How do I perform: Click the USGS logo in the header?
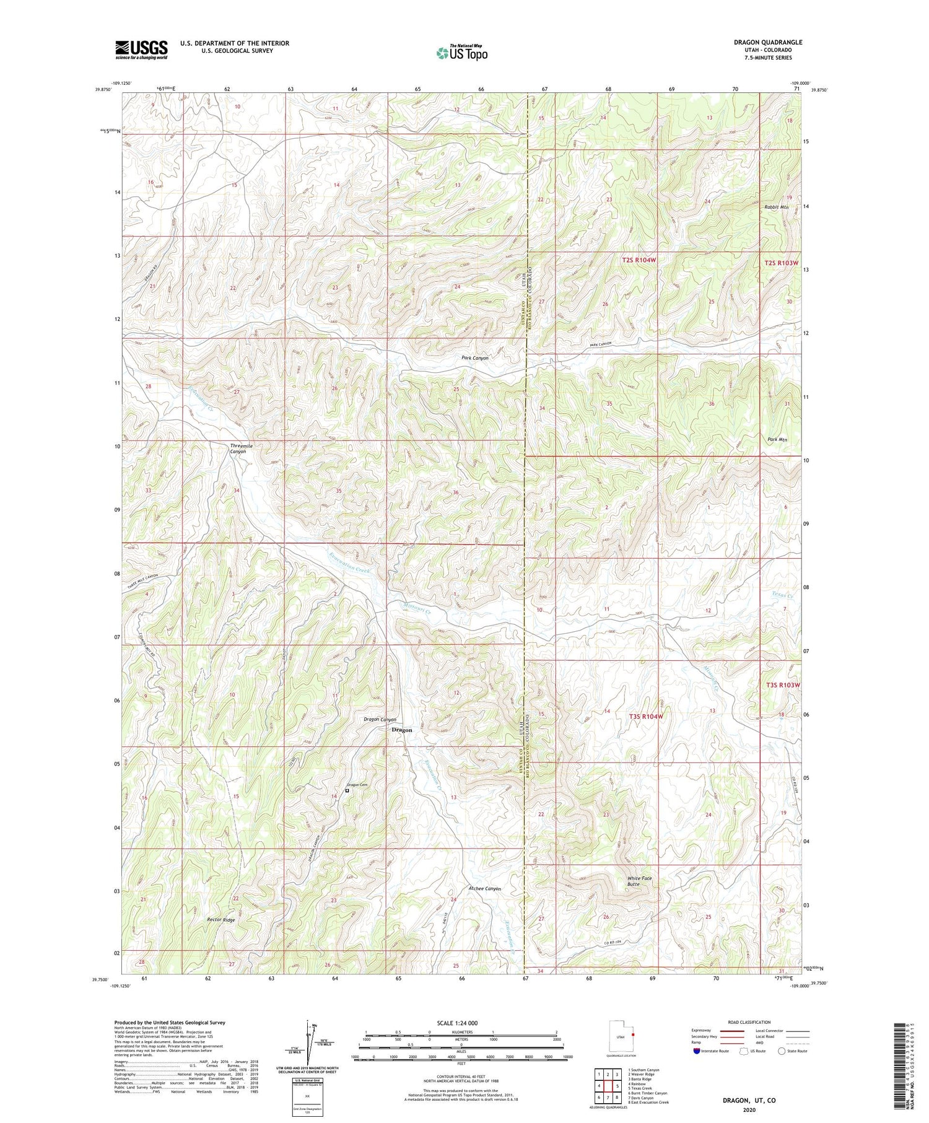(x=141, y=50)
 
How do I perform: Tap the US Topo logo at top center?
(x=461, y=53)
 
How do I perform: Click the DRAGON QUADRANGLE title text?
(x=767, y=42)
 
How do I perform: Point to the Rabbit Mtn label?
(x=776, y=207)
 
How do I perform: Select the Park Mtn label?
(x=776, y=440)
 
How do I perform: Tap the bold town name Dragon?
(x=401, y=730)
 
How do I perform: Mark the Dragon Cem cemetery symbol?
(x=347, y=790)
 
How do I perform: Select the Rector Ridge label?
(x=221, y=920)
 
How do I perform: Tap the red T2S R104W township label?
(x=639, y=261)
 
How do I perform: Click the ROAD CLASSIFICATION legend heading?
(x=749, y=1022)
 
